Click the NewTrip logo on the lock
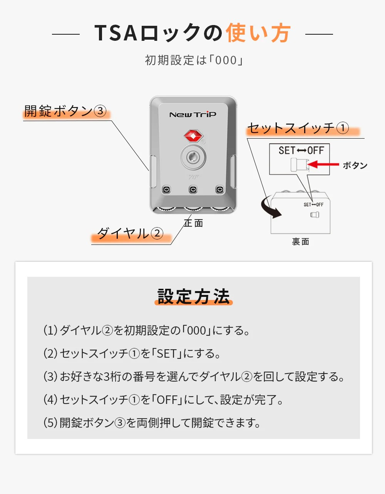point(192,114)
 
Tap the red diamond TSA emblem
point(193,136)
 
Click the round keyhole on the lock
point(193,157)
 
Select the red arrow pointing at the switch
point(323,165)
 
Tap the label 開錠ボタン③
point(65,111)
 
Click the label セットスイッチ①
point(298,128)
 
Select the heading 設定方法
point(193,296)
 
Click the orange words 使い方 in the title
point(258,33)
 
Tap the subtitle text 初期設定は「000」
point(193,60)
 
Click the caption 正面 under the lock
point(193,223)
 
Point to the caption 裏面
point(300,241)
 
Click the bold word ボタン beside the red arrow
point(355,165)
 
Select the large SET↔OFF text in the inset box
point(301,151)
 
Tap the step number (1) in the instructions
point(50,330)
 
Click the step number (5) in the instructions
point(50,423)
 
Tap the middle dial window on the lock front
point(193,189)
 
